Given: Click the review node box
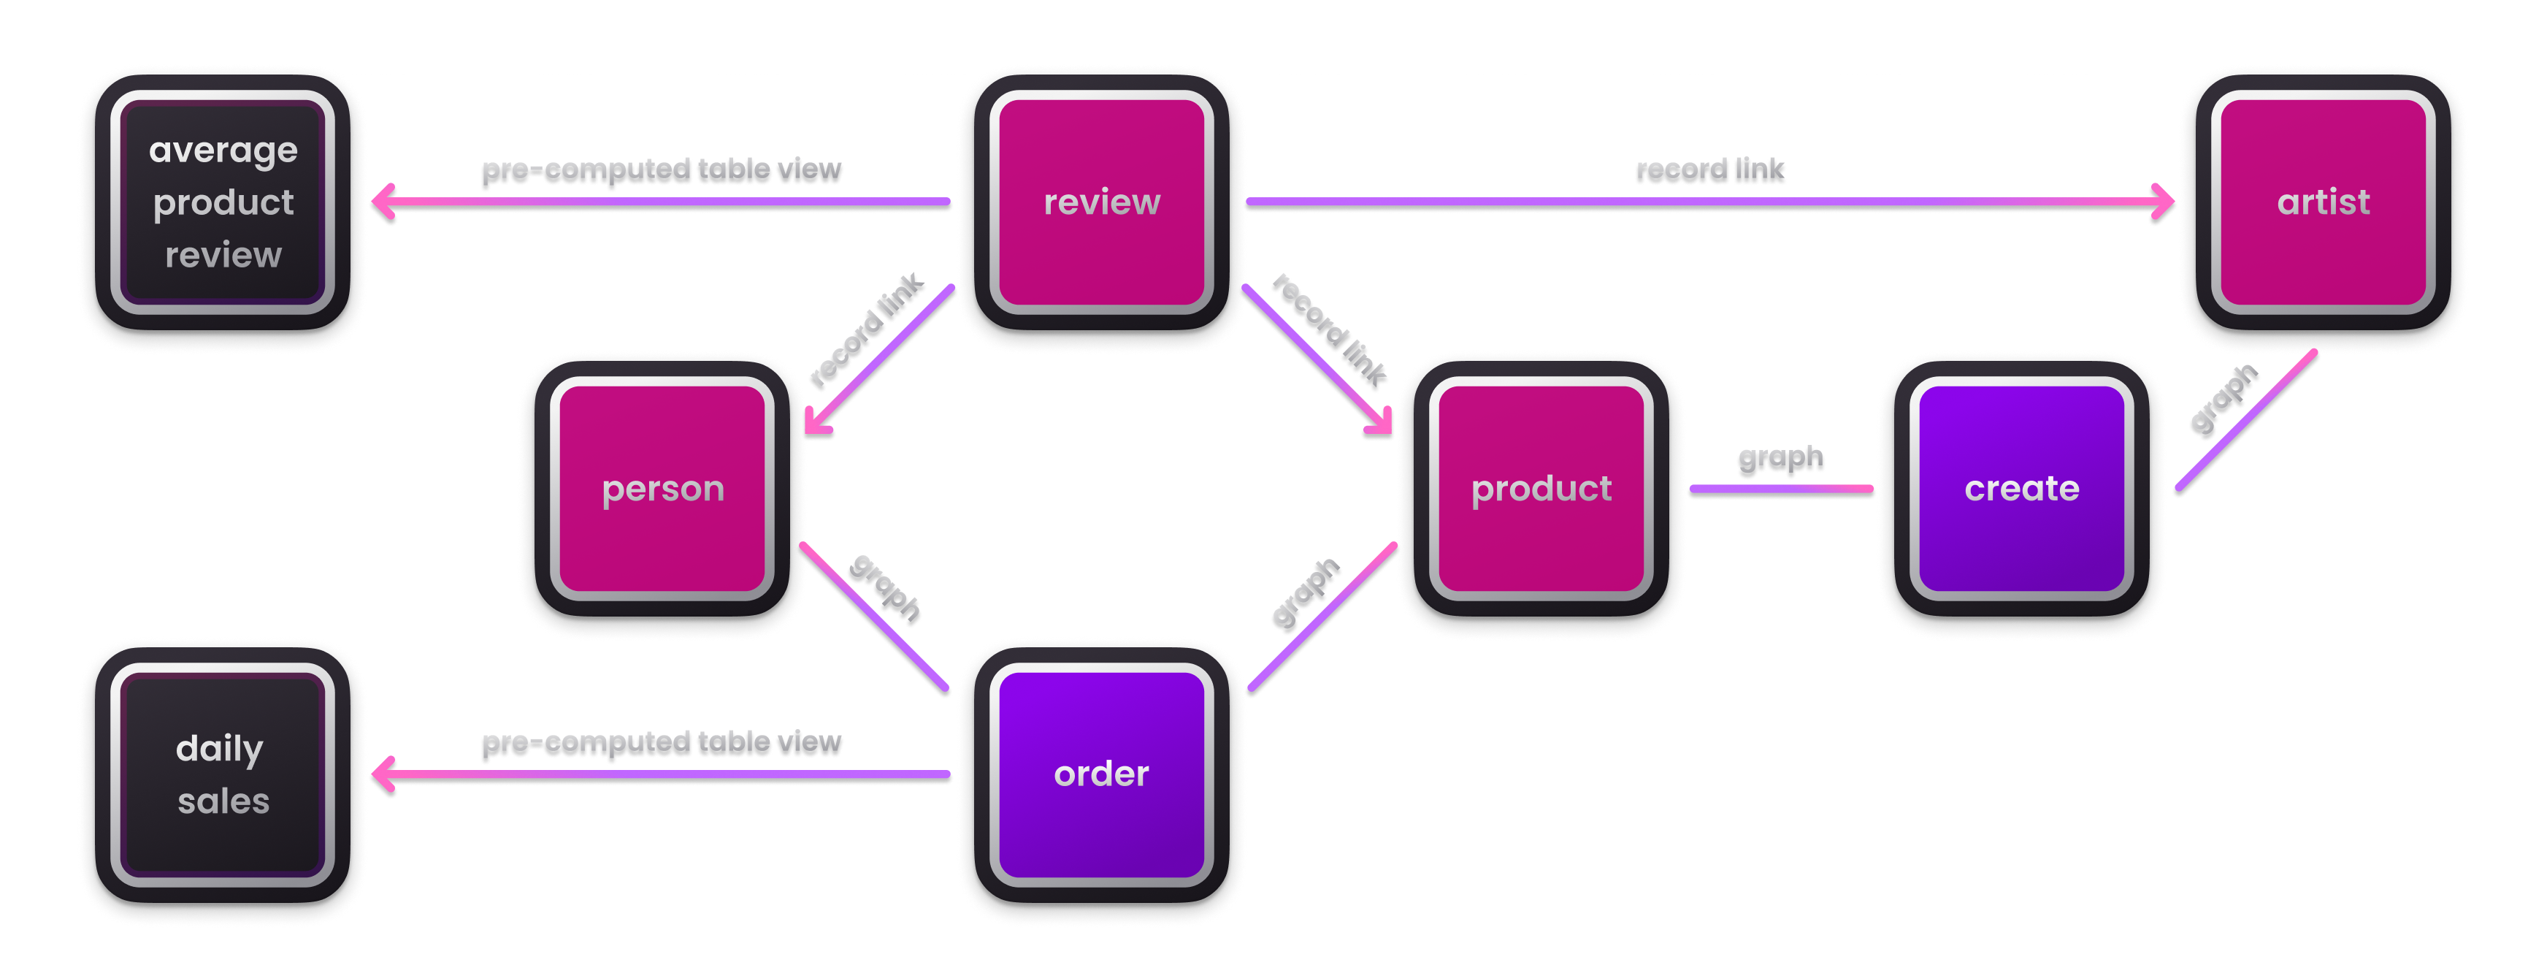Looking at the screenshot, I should [x=1101, y=202].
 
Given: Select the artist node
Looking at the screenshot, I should [x=2323, y=202].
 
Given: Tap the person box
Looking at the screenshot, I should [x=662, y=489].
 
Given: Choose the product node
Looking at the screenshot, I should [x=1541, y=489].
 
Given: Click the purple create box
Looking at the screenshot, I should [x=2021, y=489].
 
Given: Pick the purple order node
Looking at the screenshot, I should [x=1101, y=774].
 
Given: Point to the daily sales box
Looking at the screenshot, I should [x=223, y=774].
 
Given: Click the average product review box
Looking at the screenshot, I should [x=223, y=202].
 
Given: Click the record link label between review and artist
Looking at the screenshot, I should [x=1709, y=170].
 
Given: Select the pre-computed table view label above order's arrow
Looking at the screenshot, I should [x=662, y=741].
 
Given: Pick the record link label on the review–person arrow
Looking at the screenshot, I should [x=865, y=330].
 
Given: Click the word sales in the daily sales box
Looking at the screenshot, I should [x=223, y=801].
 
